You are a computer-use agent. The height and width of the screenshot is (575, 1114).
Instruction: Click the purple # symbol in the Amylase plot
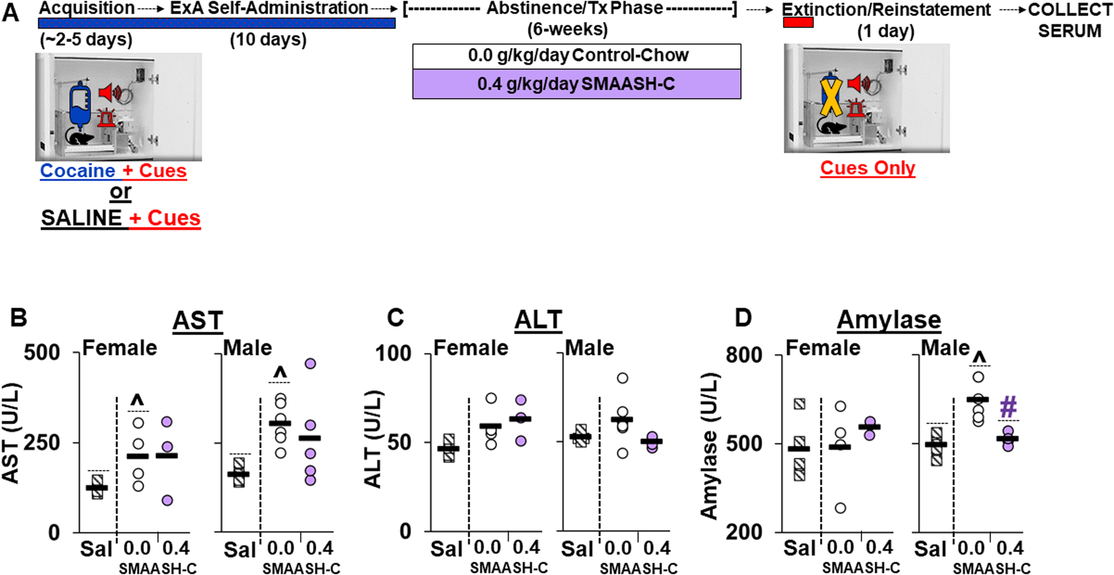pyautogui.click(x=1008, y=407)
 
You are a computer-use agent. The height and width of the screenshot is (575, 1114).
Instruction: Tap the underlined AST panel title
pyautogui.click(x=197, y=320)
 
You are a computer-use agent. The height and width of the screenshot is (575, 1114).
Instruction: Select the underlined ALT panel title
pyautogui.click(x=538, y=320)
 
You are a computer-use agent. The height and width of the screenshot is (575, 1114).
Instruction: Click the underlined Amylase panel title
pyautogui.click(x=889, y=320)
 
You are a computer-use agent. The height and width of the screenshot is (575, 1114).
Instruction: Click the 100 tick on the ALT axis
pyautogui.click(x=393, y=353)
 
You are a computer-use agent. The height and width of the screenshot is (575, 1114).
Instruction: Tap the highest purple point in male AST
pyautogui.click(x=310, y=364)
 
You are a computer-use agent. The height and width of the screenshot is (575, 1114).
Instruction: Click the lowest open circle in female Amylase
pyautogui.click(x=840, y=508)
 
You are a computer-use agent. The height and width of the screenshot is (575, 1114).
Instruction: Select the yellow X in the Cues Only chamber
pyautogui.click(x=830, y=97)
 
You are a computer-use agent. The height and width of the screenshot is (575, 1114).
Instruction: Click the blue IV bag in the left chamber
pyautogui.click(x=80, y=105)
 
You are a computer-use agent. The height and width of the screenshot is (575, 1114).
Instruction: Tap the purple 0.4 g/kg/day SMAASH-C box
pyautogui.click(x=576, y=84)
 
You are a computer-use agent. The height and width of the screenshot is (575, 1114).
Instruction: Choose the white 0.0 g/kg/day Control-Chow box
pyautogui.click(x=576, y=56)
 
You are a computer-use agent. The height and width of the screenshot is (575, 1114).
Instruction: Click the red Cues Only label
pyautogui.click(x=867, y=168)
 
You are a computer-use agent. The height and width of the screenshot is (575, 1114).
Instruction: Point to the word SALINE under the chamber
pyautogui.click(x=81, y=218)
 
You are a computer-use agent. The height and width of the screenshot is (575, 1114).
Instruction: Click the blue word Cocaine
pyautogui.click(x=78, y=171)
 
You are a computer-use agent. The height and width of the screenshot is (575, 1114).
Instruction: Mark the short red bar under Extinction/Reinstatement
pyautogui.click(x=798, y=23)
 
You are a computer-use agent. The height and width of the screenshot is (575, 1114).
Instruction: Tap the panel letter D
pyautogui.click(x=743, y=318)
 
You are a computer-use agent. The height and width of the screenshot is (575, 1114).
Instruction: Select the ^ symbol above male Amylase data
pyautogui.click(x=979, y=357)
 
